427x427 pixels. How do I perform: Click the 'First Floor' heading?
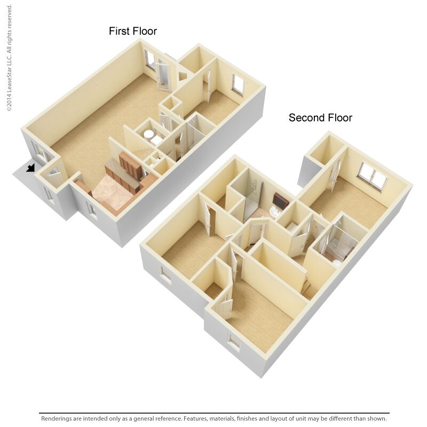(x=133, y=31)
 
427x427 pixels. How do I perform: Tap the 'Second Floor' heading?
(x=320, y=117)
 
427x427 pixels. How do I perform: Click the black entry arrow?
(x=31, y=168)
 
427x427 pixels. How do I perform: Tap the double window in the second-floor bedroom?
(x=372, y=177)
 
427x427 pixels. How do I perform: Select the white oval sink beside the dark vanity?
(x=273, y=212)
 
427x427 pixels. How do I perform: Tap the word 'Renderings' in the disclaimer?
(x=59, y=418)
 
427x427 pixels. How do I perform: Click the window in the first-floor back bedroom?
(x=238, y=84)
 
